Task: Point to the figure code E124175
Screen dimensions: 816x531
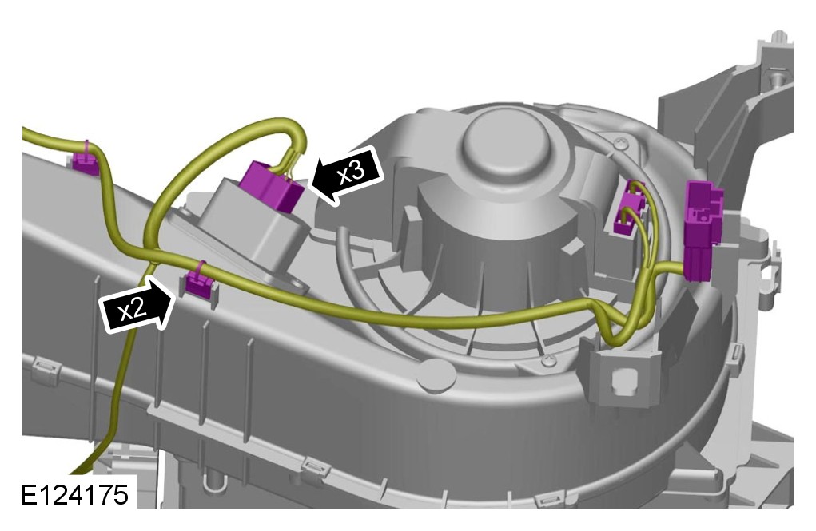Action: [74, 494]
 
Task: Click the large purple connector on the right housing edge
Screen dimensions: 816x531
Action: [703, 229]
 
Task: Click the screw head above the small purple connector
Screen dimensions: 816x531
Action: [621, 144]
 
